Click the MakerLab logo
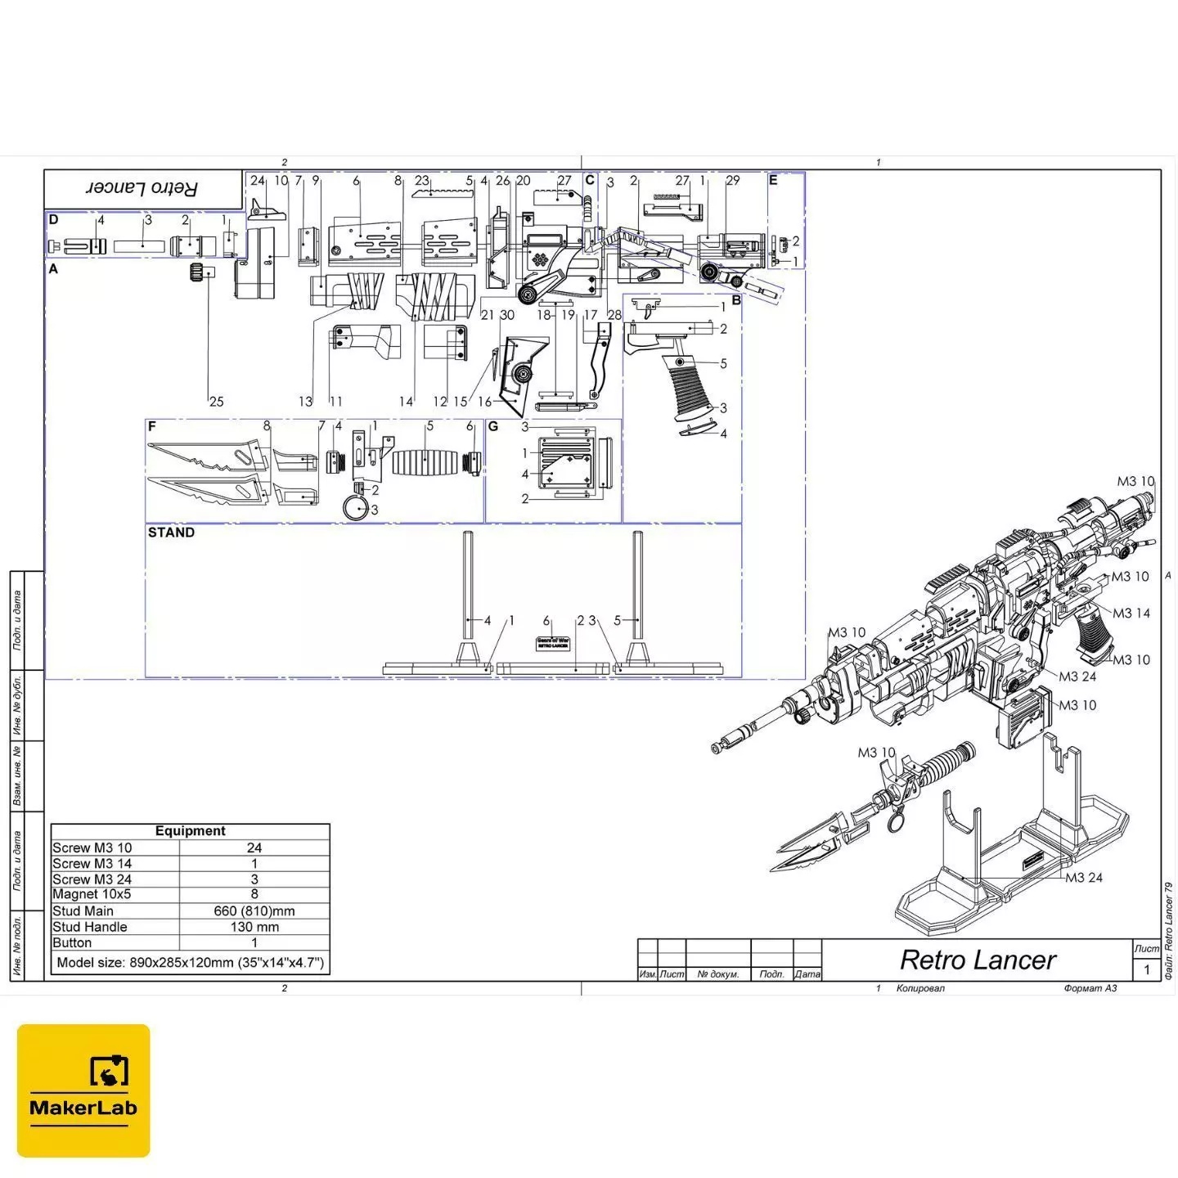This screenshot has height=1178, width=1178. [x=83, y=1090]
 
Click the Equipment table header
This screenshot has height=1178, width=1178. [x=190, y=831]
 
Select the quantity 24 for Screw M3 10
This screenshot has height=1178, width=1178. [x=254, y=848]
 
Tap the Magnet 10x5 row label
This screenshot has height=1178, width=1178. [x=92, y=894]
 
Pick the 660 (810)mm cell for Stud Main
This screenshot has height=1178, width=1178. [x=254, y=910]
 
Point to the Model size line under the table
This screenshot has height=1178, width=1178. [x=190, y=962]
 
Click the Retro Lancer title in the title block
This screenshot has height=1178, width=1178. [x=978, y=960]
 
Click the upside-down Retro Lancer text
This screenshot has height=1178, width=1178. [x=142, y=188]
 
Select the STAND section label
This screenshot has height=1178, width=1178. [x=171, y=533]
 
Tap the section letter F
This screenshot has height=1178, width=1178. [x=152, y=426]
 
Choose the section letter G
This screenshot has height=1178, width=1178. [x=492, y=426]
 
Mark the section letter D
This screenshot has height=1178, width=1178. [x=53, y=219]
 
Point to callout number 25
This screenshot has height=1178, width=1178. [x=216, y=401]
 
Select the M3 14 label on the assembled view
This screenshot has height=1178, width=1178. [x=1131, y=613]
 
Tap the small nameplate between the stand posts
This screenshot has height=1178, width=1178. [x=552, y=644]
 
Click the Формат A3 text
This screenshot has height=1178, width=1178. [x=1090, y=988]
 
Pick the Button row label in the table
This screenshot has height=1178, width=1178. [x=72, y=942]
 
